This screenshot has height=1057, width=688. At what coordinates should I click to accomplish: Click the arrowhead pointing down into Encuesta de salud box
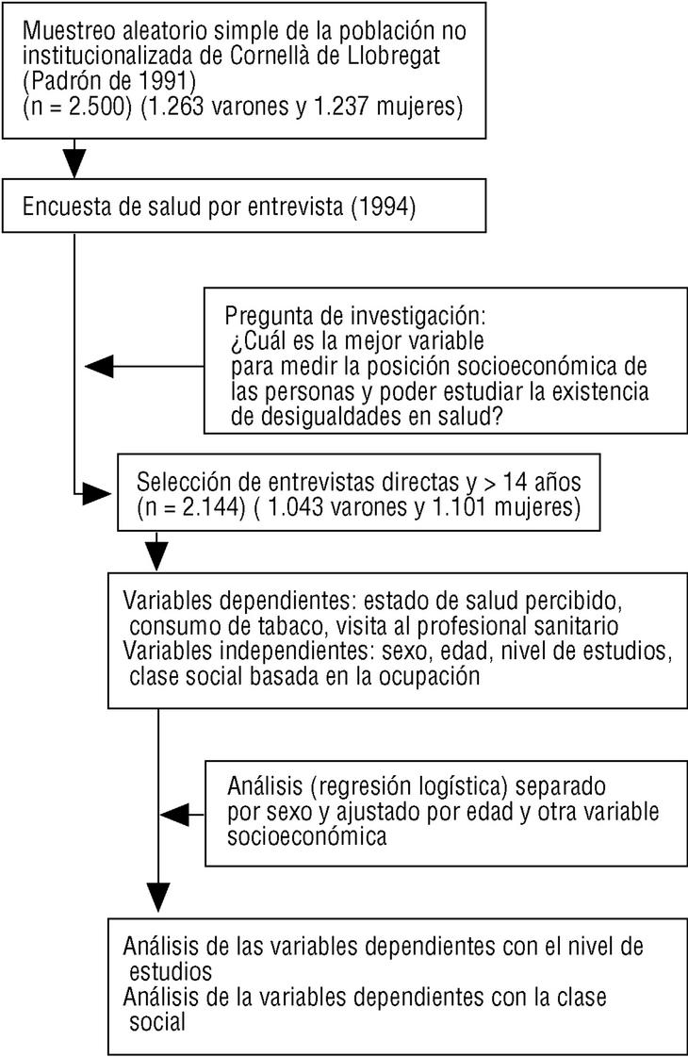(73, 166)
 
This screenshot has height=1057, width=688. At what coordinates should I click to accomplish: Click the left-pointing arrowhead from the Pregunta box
(99, 366)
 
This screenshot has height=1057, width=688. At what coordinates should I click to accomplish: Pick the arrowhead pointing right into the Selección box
(99, 492)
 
